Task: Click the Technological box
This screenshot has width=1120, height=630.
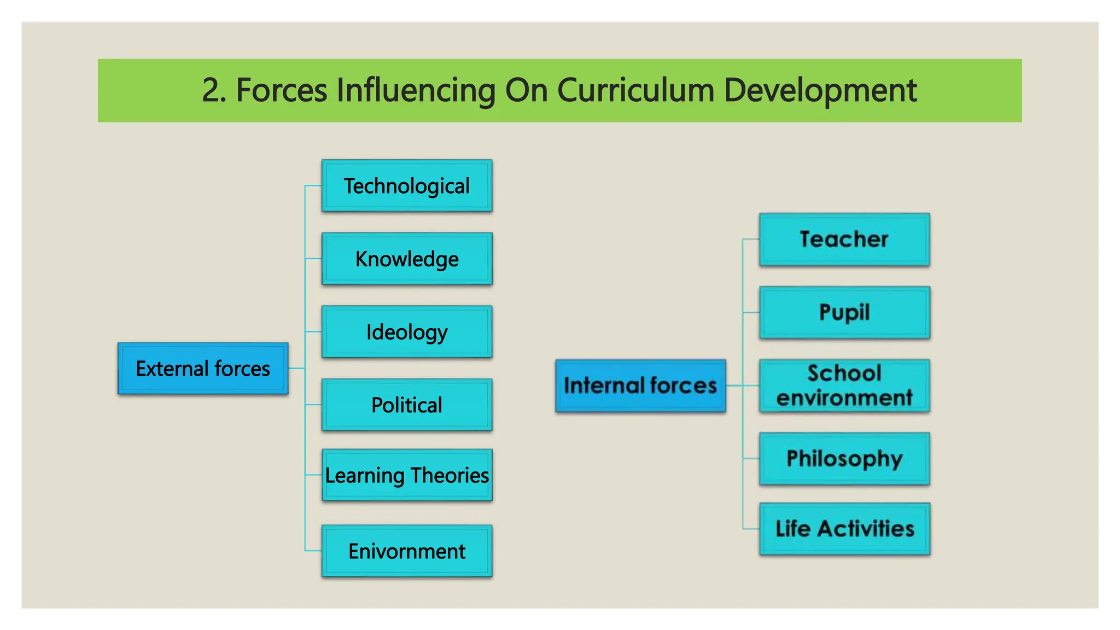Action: pyautogui.click(x=407, y=186)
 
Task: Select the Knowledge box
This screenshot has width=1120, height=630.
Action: pyautogui.click(x=407, y=259)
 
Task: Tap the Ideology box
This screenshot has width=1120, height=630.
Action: pyautogui.click(x=407, y=332)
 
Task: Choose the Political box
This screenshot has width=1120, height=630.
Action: pyautogui.click(x=407, y=405)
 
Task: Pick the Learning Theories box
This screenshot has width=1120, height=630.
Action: pyautogui.click(x=407, y=475)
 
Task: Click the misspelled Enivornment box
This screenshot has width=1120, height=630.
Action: pyautogui.click(x=407, y=551)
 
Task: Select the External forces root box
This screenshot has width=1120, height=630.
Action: pyautogui.click(x=203, y=369)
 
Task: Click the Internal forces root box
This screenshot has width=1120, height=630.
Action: pyautogui.click(x=640, y=386)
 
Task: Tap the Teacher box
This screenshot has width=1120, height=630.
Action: pyautogui.click(x=844, y=240)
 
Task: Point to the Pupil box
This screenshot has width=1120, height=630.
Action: pyautogui.click(x=844, y=312)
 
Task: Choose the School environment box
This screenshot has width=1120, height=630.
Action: pyautogui.click(x=844, y=386)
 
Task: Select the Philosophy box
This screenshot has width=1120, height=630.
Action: pyautogui.click(x=844, y=459)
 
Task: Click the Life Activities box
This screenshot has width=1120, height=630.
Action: pyautogui.click(x=844, y=529)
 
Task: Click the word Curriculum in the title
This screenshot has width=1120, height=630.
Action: pyautogui.click(x=635, y=90)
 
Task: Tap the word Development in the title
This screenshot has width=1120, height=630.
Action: pyautogui.click(x=820, y=90)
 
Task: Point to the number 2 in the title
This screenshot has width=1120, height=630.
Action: pyautogui.click(x=211, y=90)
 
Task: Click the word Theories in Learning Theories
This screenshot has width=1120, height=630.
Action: pyautogui.click(x=450, y=475)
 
